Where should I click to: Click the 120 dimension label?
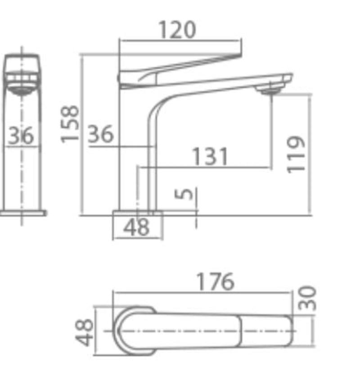pyautogui.click(x=177, y=30)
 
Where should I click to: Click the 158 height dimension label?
pyautogui.click(x=70, y=124)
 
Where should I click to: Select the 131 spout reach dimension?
pyautogui.click(x=210, y=157)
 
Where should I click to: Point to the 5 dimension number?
pyautogui.click(x=184, y=194)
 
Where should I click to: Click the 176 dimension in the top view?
pyautogui.click(x=215, y=282)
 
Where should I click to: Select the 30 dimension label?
pyautogui.click(x=309, y=299)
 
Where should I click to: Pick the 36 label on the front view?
pyautogui.click(x=22, y=136)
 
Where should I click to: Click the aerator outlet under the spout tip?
pyautogui.click(x=268, y=91)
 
